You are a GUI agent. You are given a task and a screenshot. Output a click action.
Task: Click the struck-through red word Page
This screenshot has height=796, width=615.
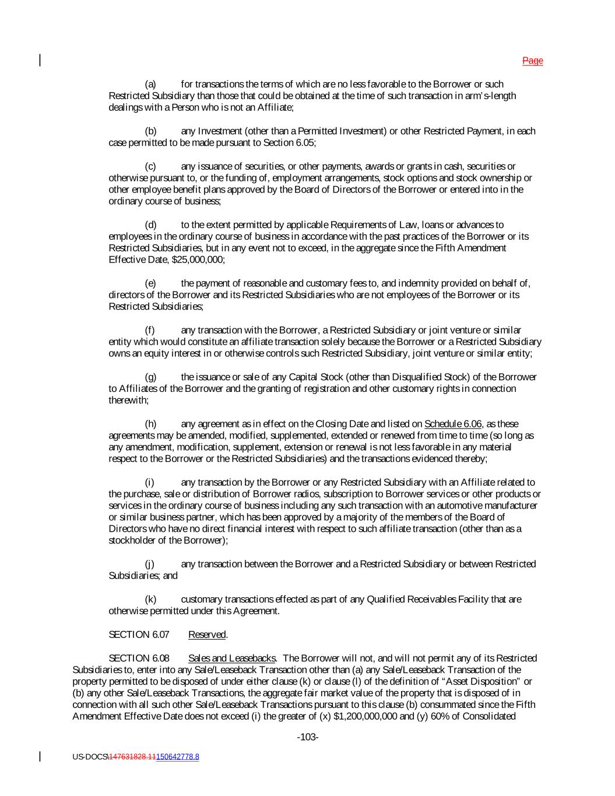click(x=532, y=61)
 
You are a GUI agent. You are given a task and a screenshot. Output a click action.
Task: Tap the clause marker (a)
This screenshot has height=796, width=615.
click(x=150, y=85)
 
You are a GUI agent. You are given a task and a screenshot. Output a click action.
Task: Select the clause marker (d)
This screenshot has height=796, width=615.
click(x=150, y=225)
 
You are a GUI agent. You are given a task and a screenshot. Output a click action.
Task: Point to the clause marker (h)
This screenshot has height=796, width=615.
click(x=150, y=424)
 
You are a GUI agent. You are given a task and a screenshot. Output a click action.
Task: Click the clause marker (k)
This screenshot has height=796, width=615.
click(x=150, y=599)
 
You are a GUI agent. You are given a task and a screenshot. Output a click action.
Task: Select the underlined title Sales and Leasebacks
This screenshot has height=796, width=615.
click(x=231, y=658)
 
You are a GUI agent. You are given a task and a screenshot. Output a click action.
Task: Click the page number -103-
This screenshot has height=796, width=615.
click(x=308, y=738)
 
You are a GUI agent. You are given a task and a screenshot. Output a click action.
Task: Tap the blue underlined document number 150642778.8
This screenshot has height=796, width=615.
click(x=177, y=757)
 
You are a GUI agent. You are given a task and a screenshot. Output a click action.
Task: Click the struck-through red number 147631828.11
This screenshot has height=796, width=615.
click(x=132, y=757)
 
